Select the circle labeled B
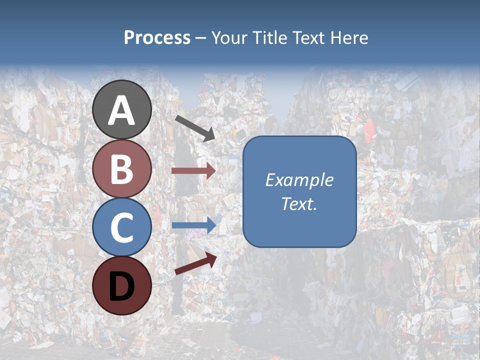[122, 168]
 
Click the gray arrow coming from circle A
[195, 128]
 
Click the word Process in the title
[157, 37]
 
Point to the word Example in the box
[299, 180]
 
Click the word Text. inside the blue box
[299, 204]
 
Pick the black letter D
[122, 286]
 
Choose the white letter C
[122, 227]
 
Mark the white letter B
[122, 169]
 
